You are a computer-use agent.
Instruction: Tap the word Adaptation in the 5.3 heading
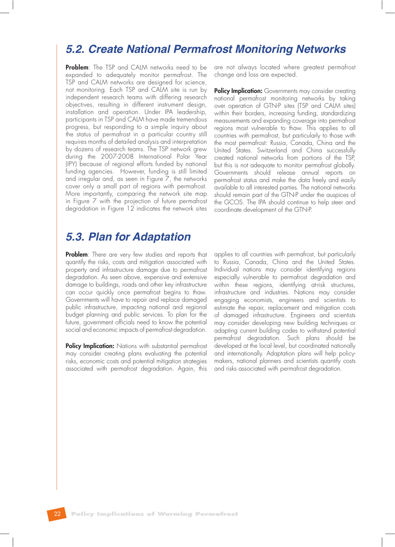pyautogui.click(x=161, y=237)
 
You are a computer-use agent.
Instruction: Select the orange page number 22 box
pyautogui.click(x=57, y=514)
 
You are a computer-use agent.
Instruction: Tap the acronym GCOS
pyautogui.click(x=233, y=202)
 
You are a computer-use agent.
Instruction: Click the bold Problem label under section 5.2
pyautogui.click(x=77, y=67)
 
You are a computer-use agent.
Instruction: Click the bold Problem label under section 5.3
pyautogui.click(x=77, y=255)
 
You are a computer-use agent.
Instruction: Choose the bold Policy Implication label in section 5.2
pyautogui.click(x=238, y=91)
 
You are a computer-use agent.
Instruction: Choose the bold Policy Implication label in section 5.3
pyautogui.click(x=90, y=346)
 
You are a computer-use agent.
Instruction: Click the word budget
pyautogui.click(x=75, y=315)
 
